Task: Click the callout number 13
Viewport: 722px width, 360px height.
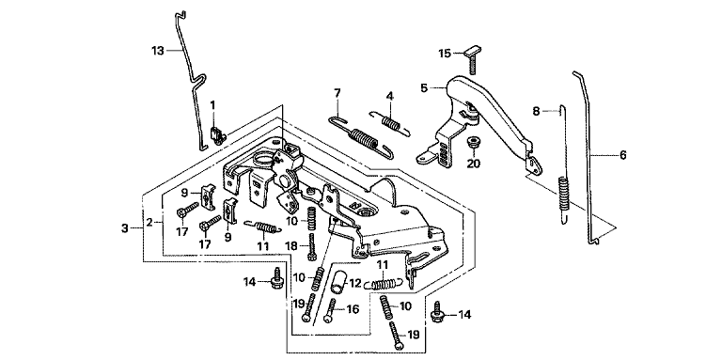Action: click(158, 51)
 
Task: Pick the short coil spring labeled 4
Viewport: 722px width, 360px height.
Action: click(390, 123)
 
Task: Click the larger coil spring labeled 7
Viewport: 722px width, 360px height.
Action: click(362, 136)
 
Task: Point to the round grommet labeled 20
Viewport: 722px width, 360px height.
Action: click(473, 142)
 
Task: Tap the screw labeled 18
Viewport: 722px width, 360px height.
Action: click(313, 247)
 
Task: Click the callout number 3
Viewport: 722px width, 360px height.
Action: click(125, 228)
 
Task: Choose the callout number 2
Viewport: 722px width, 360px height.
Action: click(149, 223)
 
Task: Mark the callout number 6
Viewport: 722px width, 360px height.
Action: click(622, 155)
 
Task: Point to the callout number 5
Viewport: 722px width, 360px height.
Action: click(425, 87)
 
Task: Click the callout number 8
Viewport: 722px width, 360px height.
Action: click(536, 111)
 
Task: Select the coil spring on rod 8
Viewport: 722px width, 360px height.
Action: click(564, 194)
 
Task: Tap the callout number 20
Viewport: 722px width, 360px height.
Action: click(473, 164)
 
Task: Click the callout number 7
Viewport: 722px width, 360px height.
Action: click(337, 93)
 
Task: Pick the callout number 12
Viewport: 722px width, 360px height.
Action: click(356, 284)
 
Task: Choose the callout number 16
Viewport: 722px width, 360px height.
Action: click(353, 309)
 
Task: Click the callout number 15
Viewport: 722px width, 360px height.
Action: click(445, 54)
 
